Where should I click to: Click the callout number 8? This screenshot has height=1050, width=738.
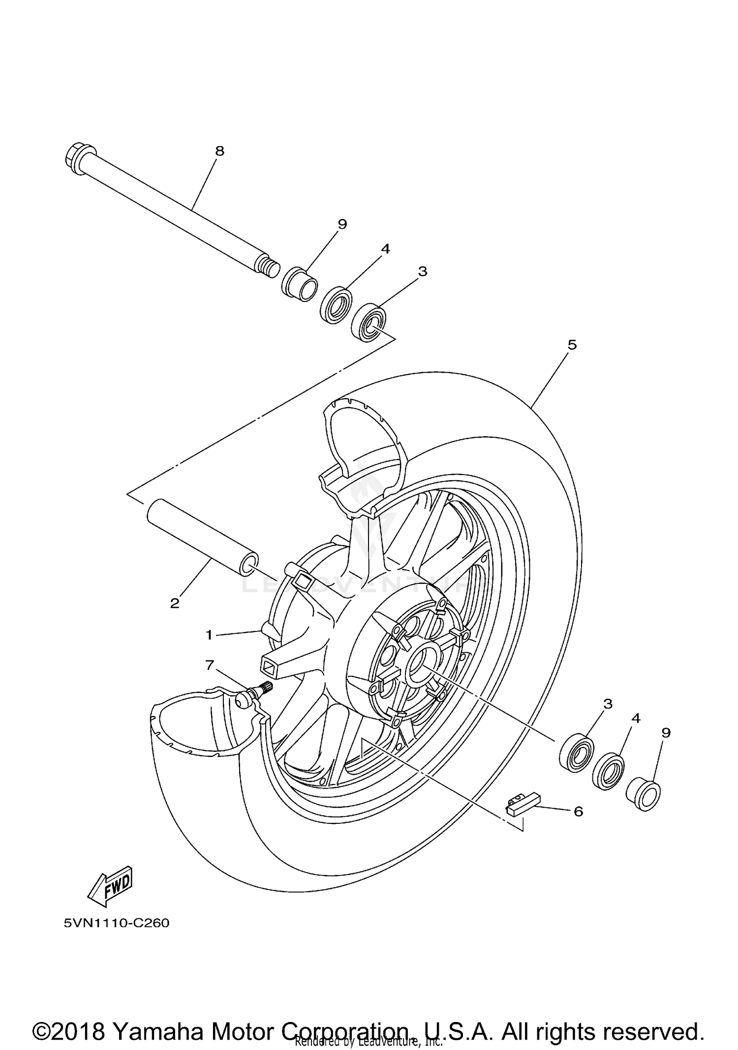(x=220, y=151)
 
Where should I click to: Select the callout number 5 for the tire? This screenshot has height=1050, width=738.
(x=572, y=345)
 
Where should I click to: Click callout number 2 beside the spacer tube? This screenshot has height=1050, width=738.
(x=175, y=603)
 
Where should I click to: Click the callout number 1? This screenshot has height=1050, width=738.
(x=209, y=635)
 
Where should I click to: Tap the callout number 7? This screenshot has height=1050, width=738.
(x=210, y=665)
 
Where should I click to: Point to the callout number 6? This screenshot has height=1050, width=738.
(x=579, y=811)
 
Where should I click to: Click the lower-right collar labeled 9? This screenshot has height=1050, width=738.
(x=643, y=793)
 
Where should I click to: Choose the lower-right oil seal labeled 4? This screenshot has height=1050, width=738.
(x=609, y=771)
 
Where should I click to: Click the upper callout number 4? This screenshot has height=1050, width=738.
(x=385, y=249)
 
